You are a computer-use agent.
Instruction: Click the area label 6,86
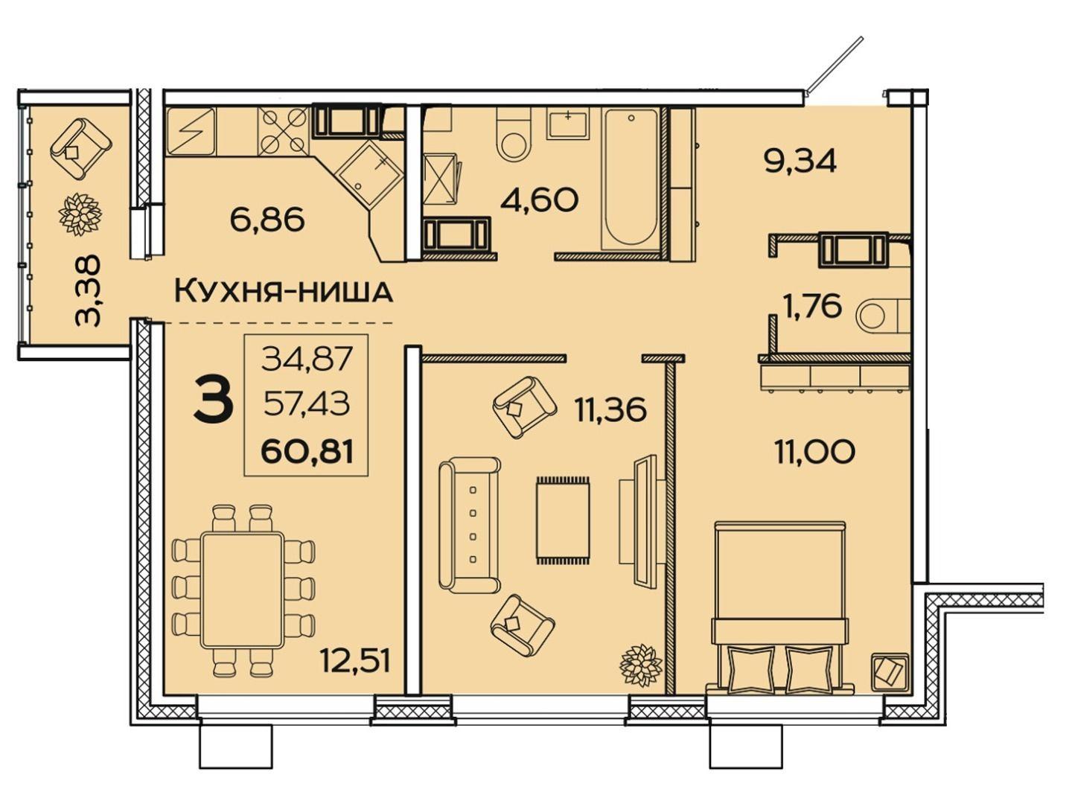pyautogui.click(x=267, y=220)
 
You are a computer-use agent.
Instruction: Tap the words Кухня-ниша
pyautogui.click(x=283, y=292)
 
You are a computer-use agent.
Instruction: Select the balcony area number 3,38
pyautogui.click(x=89, y=290)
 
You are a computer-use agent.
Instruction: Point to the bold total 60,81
pyautogui.click(x=307, y=452)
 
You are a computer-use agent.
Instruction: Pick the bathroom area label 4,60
pyautogui.click(x=540, y=199)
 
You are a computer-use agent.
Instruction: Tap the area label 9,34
pyautogui.click(x=800, y=161)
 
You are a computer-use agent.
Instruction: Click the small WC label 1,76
pyautogui.click(x=813, y=306)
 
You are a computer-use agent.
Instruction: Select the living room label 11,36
pyautogui.click(x=610, y=409)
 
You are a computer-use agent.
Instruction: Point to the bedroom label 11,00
pyautogui.click(x=815, y=452)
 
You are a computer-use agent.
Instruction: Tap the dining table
pyautogui.click(x=243, y=590)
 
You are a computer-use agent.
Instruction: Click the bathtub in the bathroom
pyautogui.click(x=631, y=179)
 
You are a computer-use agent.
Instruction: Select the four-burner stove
pyautogui.click(x=283, y=131)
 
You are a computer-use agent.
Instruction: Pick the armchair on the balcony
pyautogui.click(x=80, y=150)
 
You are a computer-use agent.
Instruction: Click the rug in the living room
pyautogui.click(x=563, y=520)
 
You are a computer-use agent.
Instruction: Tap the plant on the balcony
pyautogui.click(x=80, y=214)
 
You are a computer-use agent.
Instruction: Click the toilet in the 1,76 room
pyautogui.click(x=883, y=316)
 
